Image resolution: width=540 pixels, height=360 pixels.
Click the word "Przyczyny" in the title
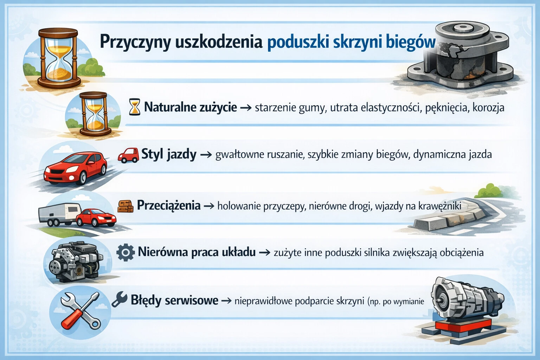(135, 42)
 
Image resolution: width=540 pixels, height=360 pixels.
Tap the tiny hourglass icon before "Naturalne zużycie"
(134, 107)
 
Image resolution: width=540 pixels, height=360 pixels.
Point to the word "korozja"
(488, 108)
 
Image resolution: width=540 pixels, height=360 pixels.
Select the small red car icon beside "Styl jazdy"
(128, 155)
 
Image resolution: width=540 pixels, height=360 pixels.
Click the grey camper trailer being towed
(58, 213)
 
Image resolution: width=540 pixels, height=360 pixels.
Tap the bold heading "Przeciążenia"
(169, 205)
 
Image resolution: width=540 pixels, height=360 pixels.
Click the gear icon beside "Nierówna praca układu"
(125, 252)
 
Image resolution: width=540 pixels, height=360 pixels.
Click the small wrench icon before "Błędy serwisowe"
(120, 300)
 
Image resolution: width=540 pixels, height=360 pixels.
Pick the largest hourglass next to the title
(58, 58)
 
